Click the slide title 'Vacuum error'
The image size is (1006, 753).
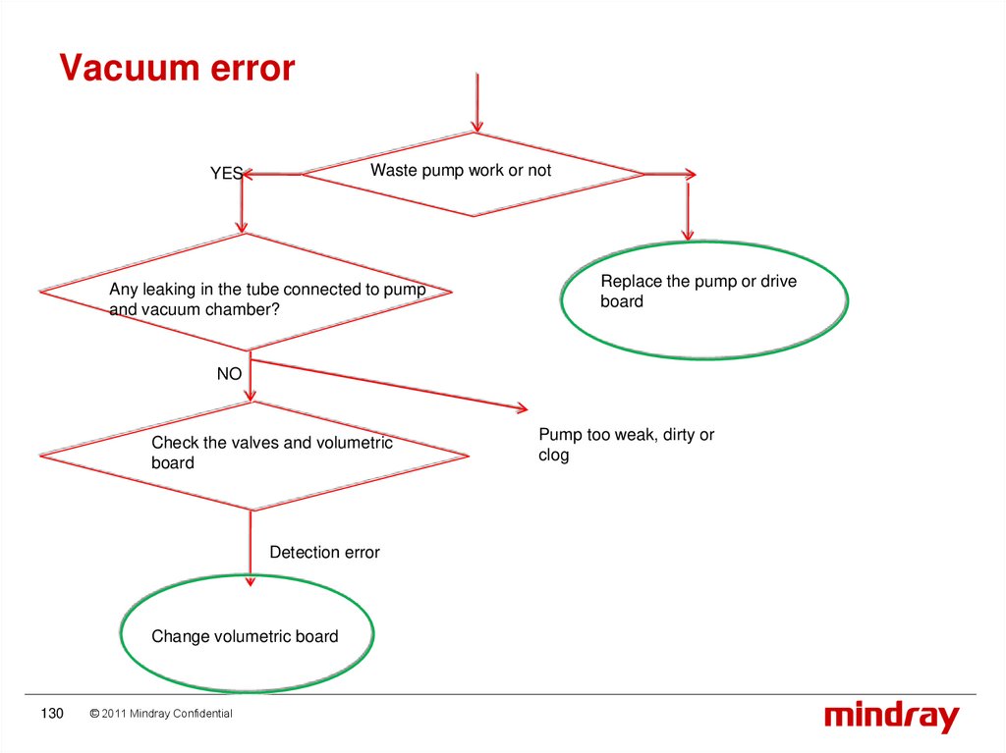[x=177, y=69]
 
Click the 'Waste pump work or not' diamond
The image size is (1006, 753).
[x=473, y=174]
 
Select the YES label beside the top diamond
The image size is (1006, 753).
[x=225, y=174]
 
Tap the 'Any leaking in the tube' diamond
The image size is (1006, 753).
[x=246, y=292]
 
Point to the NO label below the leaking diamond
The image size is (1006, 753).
[x=229, y=374]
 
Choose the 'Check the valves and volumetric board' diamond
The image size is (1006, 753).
[x=253, y=455]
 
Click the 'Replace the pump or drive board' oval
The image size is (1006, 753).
[x=703, y=299]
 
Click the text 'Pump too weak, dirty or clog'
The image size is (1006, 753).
[x=626, y=445]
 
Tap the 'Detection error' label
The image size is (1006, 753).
[x=324, y=553]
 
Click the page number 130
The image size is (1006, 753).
[x=51, y=714]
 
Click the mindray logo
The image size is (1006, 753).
[x=891, y=717]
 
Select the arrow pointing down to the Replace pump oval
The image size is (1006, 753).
[x=688, y=211]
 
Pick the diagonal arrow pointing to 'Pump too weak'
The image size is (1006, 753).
[x=393, y=386]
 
